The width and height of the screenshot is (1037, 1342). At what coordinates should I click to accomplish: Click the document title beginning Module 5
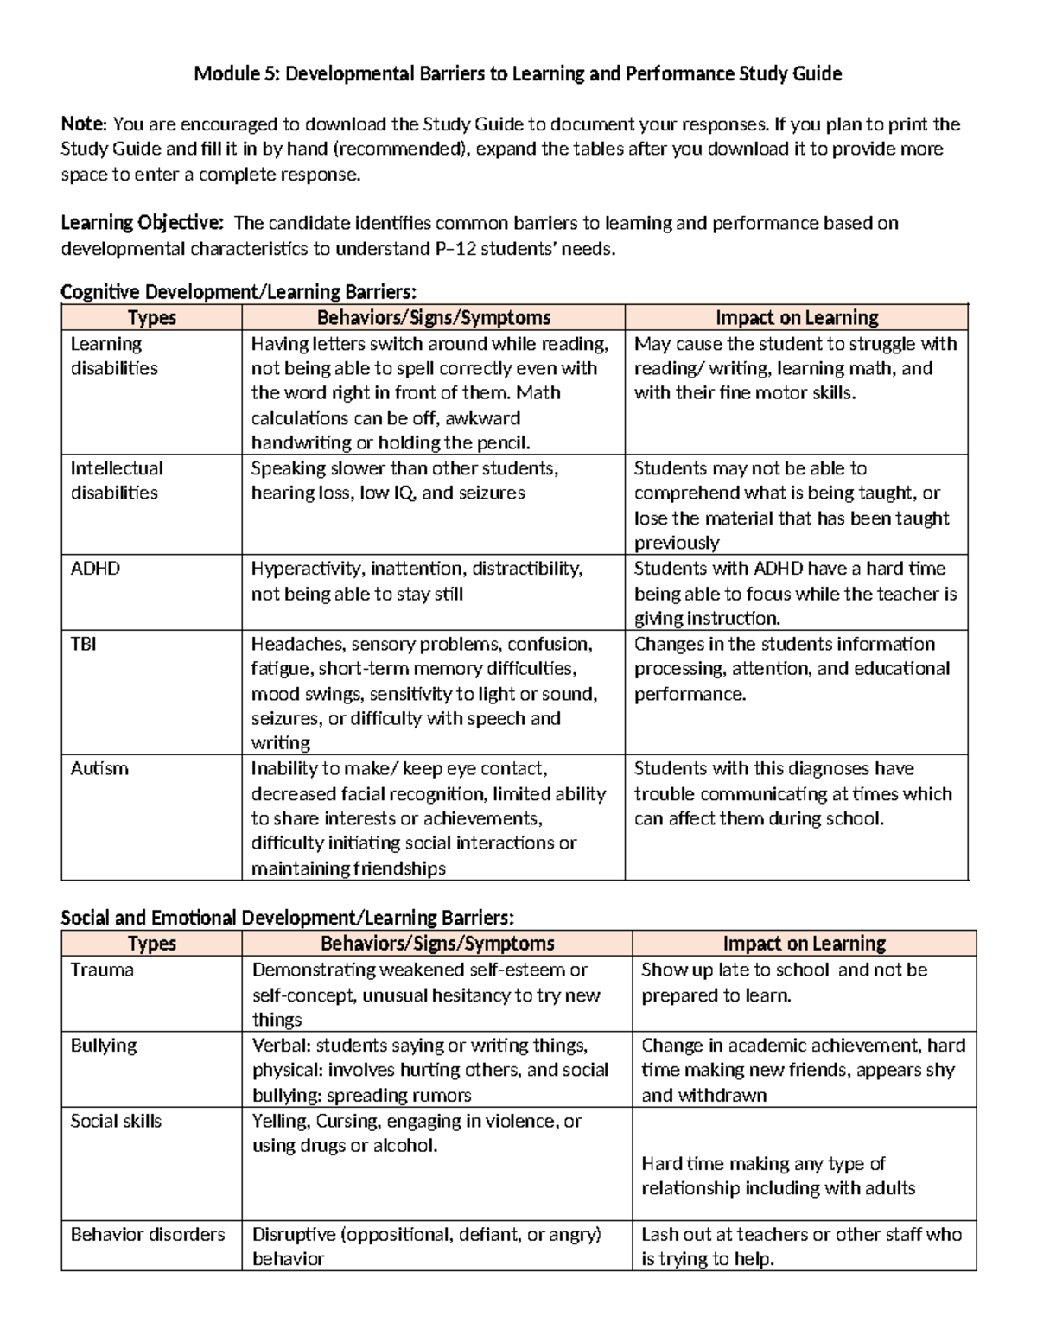click(518, 73)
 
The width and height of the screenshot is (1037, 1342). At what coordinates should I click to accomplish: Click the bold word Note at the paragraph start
click(83, 124)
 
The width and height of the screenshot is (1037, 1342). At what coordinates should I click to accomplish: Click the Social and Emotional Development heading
click(287, 917)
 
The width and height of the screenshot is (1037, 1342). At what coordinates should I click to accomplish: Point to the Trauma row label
click(102, 970)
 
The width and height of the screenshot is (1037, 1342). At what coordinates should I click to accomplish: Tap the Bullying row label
click(104, 1045)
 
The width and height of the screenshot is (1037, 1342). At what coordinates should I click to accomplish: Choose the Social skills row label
click(116, 1121)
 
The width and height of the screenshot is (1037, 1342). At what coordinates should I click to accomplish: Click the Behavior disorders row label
click(148, 1234)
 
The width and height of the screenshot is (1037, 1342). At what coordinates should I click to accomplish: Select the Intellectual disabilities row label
click(116, 480)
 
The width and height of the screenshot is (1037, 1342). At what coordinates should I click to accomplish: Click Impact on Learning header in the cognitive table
click(796, 317)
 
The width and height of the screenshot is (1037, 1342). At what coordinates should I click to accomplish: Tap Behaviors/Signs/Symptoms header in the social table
click(437, 943)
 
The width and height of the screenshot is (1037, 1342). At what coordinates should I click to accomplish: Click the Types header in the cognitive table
click(151, 317)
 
